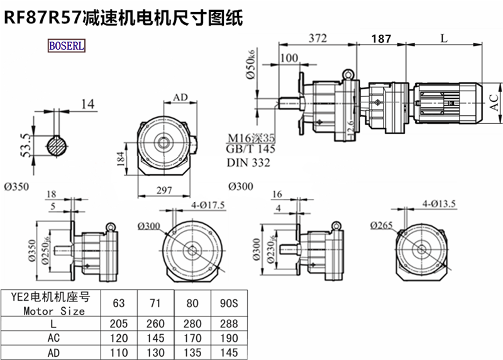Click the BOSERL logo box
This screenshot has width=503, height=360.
(66, 46)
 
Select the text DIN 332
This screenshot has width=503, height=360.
(248, 163)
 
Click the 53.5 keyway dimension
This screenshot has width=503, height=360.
(26, 145)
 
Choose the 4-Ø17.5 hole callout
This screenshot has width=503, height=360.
(208, 205)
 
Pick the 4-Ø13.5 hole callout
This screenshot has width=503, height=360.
(439, 203)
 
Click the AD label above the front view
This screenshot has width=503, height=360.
(180, 98)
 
